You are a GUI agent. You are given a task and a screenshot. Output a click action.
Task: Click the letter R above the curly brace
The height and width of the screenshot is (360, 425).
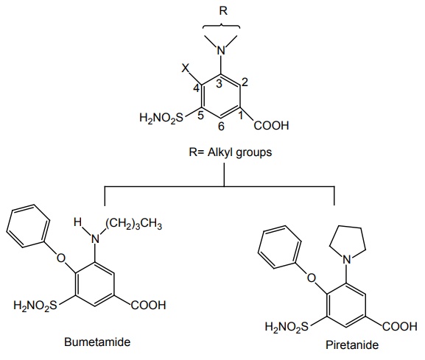223,11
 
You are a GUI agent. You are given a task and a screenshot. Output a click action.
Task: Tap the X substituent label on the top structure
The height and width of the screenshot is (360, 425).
186,68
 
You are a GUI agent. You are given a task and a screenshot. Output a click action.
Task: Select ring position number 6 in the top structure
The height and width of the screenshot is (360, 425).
221,126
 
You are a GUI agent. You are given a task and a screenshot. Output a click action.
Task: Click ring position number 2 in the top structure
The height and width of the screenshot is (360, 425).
245,82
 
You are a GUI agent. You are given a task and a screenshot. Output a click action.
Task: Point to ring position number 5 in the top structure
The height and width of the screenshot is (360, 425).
200,116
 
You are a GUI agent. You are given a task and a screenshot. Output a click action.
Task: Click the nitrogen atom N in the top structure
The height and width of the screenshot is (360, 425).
221,50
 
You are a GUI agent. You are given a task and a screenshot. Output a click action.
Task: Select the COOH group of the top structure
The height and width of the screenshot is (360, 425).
272,126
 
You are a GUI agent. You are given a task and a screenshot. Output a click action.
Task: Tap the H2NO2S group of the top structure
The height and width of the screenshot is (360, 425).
161,118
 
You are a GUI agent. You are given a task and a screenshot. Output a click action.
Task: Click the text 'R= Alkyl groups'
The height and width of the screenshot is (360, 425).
230,152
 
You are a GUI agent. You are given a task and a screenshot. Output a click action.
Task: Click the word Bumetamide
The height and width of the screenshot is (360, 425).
97,342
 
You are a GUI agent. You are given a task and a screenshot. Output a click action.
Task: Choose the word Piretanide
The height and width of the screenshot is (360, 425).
352,345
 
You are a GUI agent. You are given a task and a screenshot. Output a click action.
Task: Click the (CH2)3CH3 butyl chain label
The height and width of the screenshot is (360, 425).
134,224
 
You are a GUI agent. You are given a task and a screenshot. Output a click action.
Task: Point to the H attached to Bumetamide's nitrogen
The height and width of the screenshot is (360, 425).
77,222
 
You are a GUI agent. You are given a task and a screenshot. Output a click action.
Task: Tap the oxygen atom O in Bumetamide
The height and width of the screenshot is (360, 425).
61,258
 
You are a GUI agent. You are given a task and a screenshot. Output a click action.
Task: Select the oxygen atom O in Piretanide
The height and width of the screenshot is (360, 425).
312,278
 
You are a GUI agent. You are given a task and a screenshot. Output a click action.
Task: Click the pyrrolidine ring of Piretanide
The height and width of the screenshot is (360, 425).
348,227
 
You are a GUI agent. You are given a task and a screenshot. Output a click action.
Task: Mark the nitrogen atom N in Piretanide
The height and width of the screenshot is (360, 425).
347,260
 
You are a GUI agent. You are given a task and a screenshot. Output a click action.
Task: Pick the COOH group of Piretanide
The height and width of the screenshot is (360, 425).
400,326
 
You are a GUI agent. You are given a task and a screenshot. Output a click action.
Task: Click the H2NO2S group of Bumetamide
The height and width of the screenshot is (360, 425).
35,306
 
